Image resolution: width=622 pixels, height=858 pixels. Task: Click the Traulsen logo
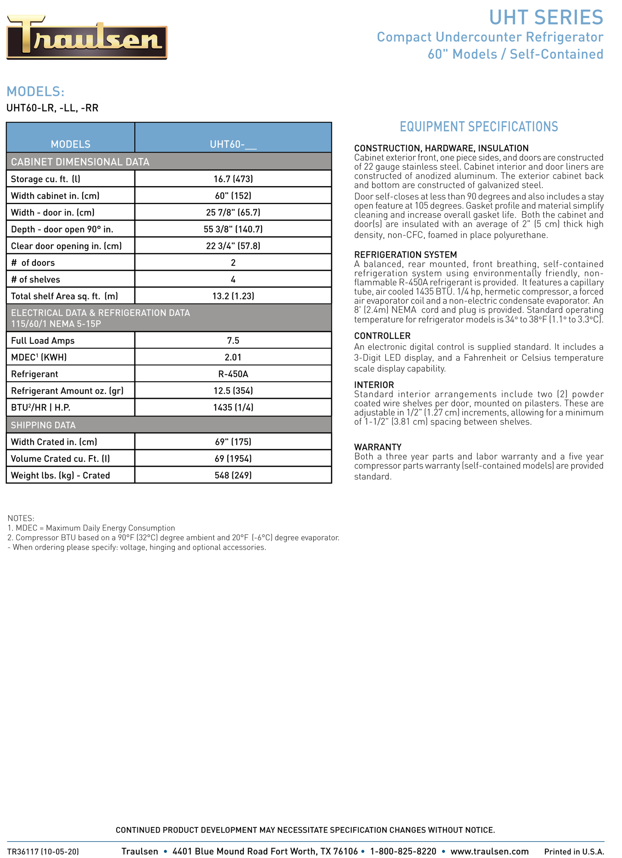[x=87, y=37]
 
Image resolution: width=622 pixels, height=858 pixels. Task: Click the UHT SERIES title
[x=546, y=18]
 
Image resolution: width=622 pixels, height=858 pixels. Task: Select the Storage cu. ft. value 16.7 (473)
[x=233, y=179]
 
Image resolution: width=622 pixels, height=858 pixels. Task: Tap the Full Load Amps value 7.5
[x=233, y=341]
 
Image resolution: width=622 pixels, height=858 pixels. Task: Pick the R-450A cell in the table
[x=233, y=374]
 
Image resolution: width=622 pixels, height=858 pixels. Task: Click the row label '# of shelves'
[x=35, y=280]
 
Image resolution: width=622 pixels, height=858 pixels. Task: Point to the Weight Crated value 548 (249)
[x=233, y=476]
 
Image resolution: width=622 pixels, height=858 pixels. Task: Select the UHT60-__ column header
[x=233, y=144]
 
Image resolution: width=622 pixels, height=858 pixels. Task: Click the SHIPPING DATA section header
[x=43, y=425]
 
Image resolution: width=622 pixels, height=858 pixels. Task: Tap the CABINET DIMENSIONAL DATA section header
[x=80, y=162]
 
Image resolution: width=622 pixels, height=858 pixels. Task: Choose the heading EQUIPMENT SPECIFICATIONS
[x=479, y=127]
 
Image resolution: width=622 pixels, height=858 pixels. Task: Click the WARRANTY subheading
[x=378, y=447]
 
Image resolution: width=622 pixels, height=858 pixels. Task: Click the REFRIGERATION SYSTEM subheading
[x=405, y=255]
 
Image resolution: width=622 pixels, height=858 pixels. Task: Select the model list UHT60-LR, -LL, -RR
[x=53, y=108]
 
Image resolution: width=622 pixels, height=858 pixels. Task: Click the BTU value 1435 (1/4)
[x=233, y=407]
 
